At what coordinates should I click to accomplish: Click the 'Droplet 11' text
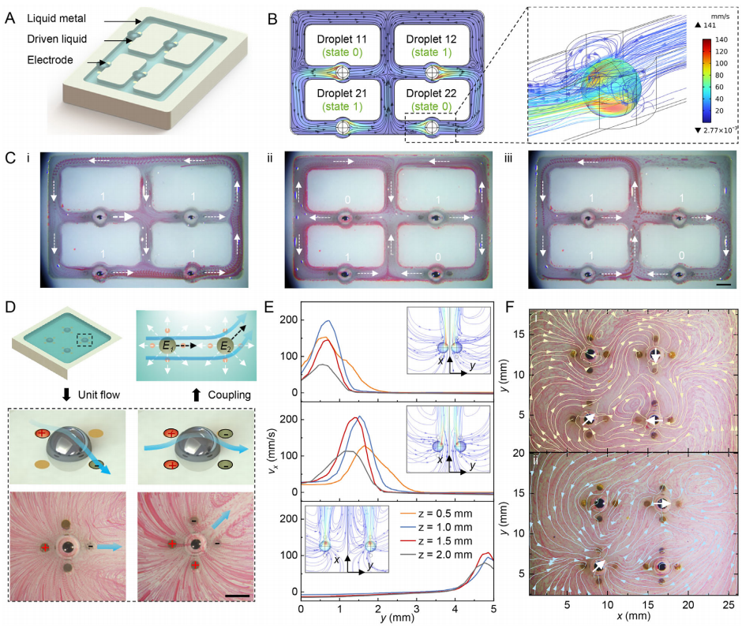340,39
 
